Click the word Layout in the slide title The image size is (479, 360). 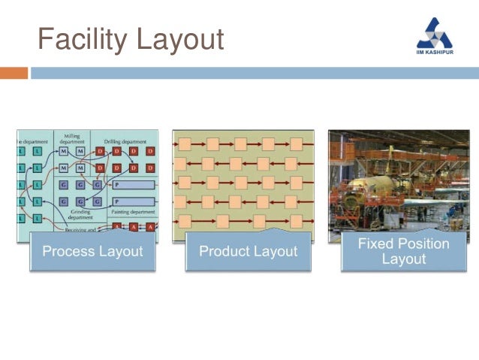pyautogui.click(x=180, y=39)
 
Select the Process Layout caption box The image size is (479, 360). pyautogui.click(x=92, y=251)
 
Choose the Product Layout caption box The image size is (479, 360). pyautogui.click(x=248, y=251)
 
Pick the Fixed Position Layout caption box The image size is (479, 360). pyautogui.click(x=403, y=251)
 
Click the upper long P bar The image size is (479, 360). pyautogui.click(x=134, y=184)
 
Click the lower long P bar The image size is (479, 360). pyautogui.click(x=134, y=201)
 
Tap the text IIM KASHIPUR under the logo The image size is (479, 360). pyautogui.click(x=435, y=53)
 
